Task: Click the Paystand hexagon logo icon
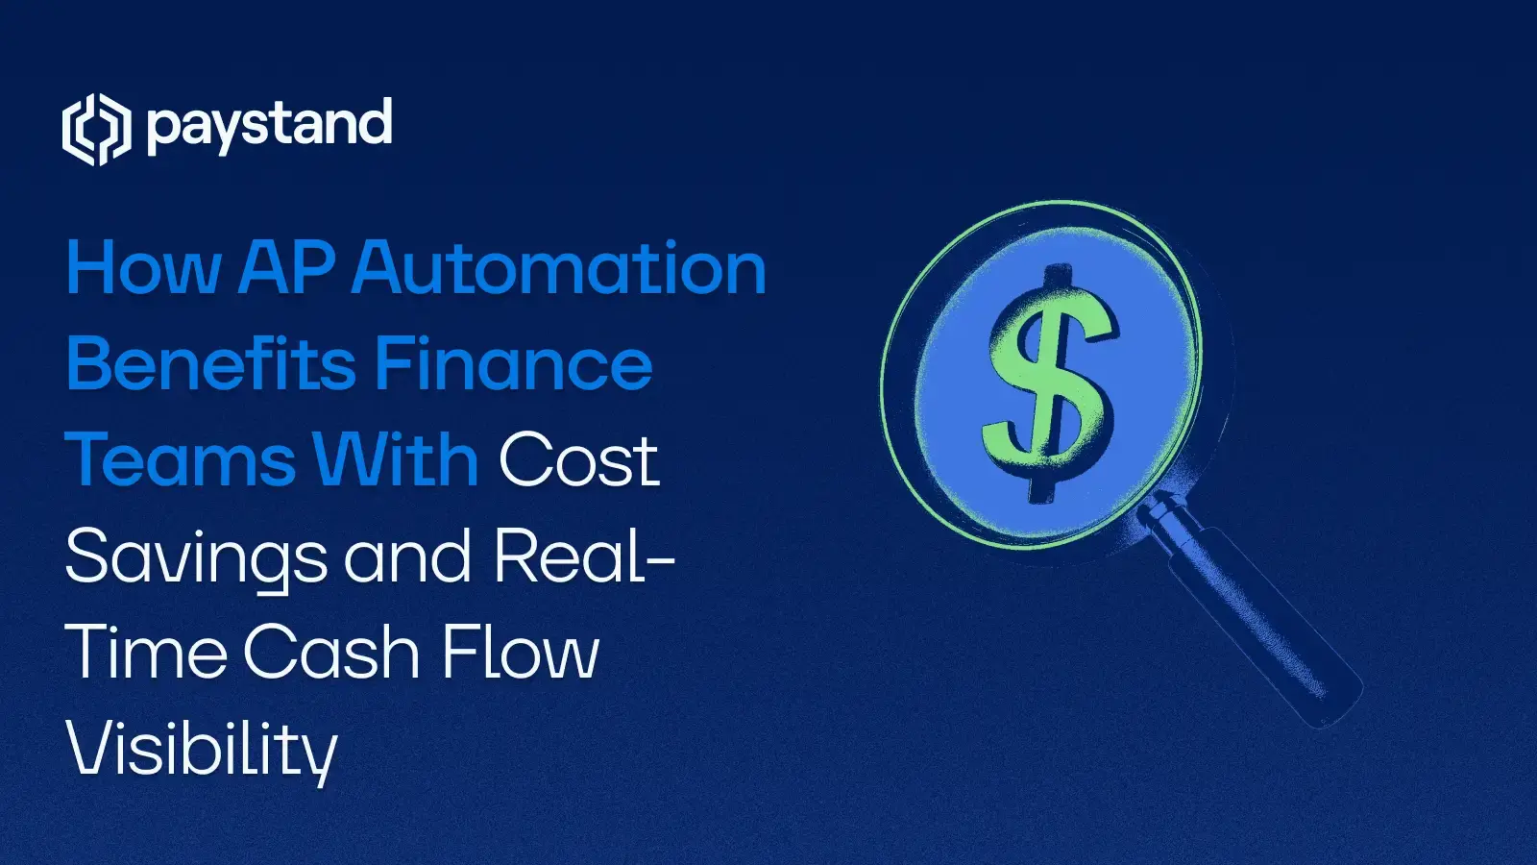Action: click(x=96, y=130)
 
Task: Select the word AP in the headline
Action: click(x=286, y=267)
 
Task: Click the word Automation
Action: click(x=559, y=267)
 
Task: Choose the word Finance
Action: click(x=514, y=363)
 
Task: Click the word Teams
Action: click(x=180, y=459)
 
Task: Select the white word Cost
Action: click(x=578, y=459)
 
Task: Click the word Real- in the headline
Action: click(x=584, y=557)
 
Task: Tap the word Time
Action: click(x=146, y=654)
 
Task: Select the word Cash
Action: click(x=331, y=654)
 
